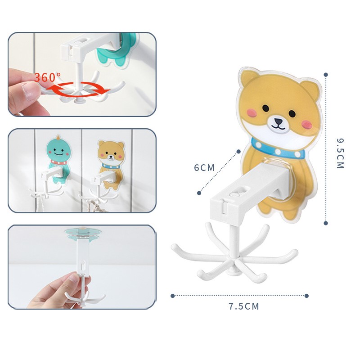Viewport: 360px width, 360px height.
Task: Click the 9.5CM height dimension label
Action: tap(340, 153)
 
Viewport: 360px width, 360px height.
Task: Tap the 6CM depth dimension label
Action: tap(204, 167)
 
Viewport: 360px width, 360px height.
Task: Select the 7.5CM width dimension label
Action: tap(244, 306)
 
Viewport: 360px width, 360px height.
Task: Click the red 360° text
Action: tap(48, 77)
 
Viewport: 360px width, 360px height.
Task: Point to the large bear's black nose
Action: tap(279, 121)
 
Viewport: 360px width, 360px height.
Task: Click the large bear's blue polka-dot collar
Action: tap(278, 150)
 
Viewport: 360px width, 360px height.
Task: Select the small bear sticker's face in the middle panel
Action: tap(111, 155)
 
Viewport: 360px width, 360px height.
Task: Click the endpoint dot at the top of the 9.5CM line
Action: tap(326, 75)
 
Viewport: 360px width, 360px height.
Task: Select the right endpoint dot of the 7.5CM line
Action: tap(306, 296)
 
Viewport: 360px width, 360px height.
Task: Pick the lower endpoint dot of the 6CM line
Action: tap(199, 193)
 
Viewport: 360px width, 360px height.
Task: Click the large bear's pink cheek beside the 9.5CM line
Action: tap(306, 125)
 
